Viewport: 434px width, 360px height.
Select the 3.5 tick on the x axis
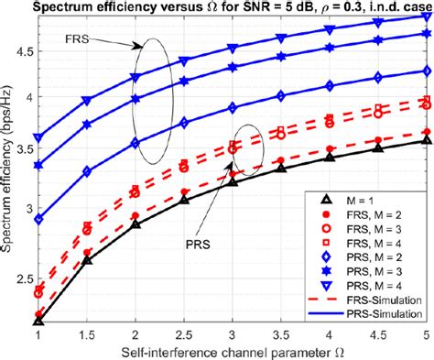282,335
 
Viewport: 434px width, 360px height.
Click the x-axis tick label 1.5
87,335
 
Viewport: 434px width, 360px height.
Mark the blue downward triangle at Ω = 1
38,137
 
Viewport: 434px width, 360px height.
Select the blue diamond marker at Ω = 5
428,71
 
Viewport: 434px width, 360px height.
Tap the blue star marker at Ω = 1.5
87,124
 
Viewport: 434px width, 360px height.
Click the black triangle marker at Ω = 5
428,140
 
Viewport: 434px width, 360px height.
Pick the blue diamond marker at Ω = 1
38,220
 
